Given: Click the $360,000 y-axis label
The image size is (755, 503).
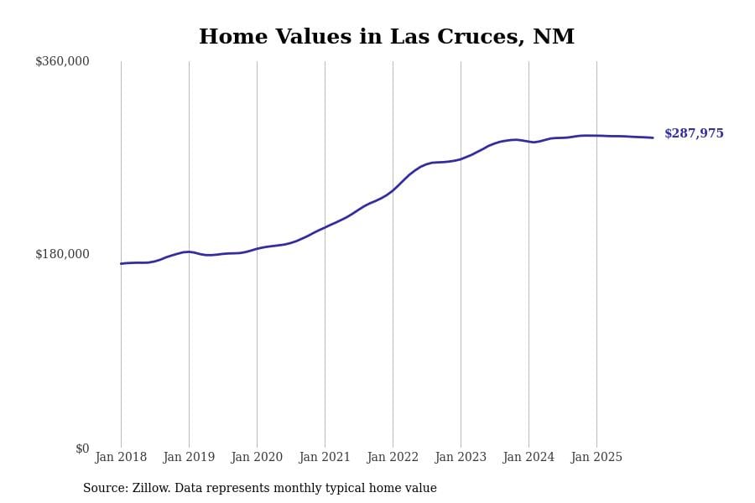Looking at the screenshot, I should [62, 61].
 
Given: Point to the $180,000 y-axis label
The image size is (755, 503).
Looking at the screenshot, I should [62, 254].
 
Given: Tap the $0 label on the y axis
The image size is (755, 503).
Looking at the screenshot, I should [82, 449].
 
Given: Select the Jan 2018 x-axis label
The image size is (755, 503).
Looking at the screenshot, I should [121, 458].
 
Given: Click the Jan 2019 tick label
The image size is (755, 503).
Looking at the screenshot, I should [189, 458].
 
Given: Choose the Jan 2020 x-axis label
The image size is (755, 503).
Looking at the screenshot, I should [257, 458].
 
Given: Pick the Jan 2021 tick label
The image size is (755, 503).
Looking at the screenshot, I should [325, 458].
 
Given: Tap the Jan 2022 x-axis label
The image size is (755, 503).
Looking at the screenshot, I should [393, 458].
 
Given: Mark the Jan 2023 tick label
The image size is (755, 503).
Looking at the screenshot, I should [461, 458].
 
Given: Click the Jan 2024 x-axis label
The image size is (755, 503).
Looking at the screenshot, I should [528, 458].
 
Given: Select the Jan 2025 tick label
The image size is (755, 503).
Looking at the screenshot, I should [596, 458].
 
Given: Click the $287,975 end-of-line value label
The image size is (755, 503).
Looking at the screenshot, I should [694, 134].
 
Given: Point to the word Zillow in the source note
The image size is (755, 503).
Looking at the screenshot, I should [152, 489].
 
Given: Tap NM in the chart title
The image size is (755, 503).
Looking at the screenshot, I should [554, 38].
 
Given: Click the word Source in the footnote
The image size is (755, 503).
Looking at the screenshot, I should [105, 489].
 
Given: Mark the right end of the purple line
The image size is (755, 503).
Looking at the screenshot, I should [653, 137].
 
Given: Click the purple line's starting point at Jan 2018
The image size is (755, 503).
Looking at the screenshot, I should [121, 263].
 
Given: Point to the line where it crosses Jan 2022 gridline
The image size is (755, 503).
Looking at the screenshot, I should [393, 190].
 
